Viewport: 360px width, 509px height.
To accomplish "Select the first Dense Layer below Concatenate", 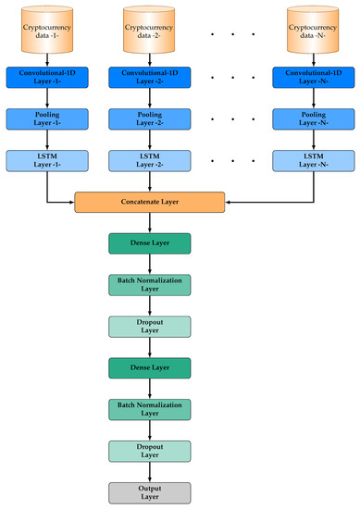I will point(150,243).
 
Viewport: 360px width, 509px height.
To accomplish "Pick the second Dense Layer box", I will point(150,367).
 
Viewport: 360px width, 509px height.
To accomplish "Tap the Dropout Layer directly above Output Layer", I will point(150,450).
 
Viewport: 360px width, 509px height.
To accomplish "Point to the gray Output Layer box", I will point(150,491).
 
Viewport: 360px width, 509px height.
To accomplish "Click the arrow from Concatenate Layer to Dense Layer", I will point(150,222).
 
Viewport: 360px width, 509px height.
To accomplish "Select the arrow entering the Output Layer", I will point(150,471).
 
